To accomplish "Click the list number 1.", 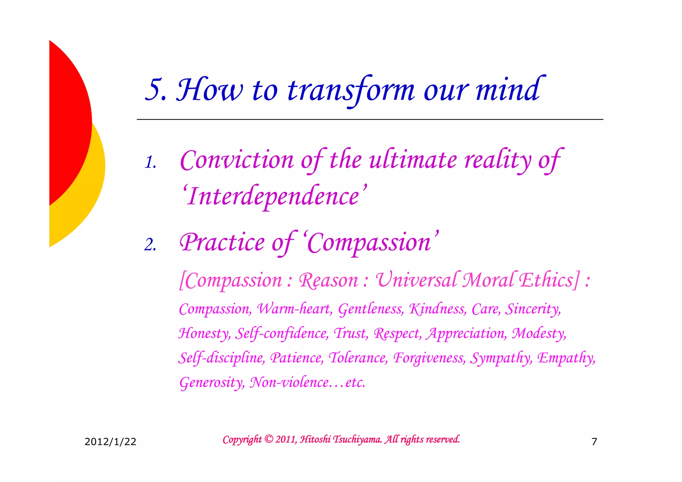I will coord(150,163).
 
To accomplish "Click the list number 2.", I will coord(150,245).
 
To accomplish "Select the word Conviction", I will coord(237,160).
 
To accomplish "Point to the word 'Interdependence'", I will coord(274,196).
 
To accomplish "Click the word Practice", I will coord(222,242).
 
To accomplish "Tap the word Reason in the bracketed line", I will coord(328,280).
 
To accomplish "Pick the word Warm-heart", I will coord(294,309).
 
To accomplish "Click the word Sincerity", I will coord(533,309).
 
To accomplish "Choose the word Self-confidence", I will coord(282,333).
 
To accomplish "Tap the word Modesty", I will coord(538,333).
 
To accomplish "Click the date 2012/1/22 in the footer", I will coord(110,442).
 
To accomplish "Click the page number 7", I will coord(594,442).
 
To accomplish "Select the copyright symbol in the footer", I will coord(269,439).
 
